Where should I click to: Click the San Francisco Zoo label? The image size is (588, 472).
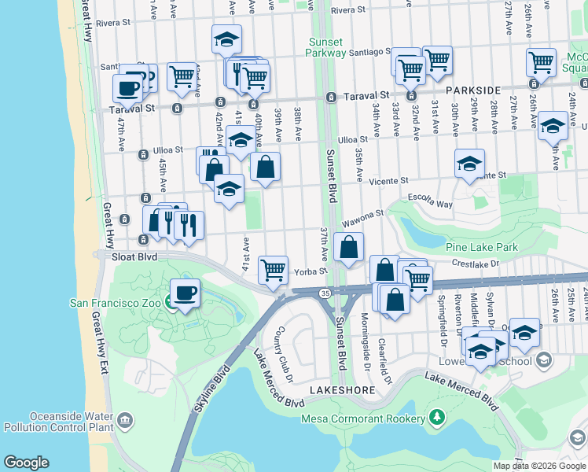(115, 303)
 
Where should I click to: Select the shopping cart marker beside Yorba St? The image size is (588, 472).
(273, 271)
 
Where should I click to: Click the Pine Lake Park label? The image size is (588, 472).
(481, 247)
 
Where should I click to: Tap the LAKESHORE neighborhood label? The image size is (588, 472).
(339, 390)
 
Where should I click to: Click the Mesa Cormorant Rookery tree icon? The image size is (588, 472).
(437, 418)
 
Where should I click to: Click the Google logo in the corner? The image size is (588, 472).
(26, 463)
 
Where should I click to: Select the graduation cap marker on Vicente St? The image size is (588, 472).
(469, 164)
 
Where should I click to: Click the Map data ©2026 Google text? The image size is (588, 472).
(538, 466)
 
